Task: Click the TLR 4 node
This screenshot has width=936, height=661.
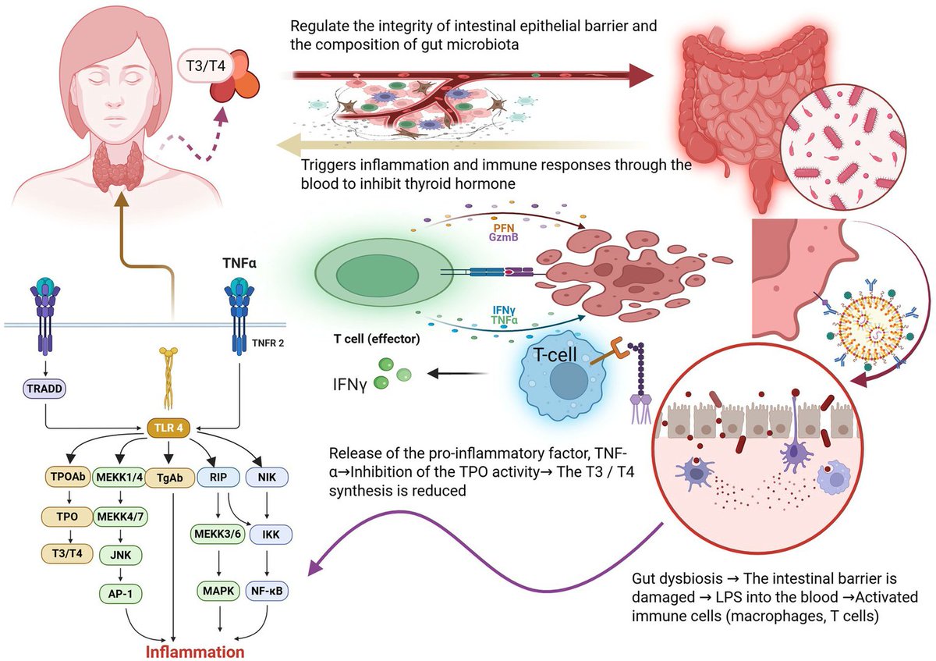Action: (x=168, y=428)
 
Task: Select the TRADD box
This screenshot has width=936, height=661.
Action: (x=44, y=389)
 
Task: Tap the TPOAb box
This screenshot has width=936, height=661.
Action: (x=68, y=477)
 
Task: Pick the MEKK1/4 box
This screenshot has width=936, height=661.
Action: (x=120, y=477)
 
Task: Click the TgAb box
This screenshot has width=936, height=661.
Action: (x=170, y=478)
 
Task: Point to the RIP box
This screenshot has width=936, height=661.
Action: (x=218, y=477)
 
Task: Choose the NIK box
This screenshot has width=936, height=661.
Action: (x=267, y=477)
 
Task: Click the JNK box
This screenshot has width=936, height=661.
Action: (x=121, y=555)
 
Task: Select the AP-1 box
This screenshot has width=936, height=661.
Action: (x=120, y=593)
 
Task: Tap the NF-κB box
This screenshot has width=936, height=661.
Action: (x=267, y=591)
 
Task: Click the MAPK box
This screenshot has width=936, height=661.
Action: (x=218, y=591)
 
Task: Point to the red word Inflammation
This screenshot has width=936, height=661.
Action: (x=195, y=652)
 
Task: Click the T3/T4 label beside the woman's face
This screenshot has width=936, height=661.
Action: (x=206, y=66)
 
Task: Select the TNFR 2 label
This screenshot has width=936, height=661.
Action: (x=268, y=343)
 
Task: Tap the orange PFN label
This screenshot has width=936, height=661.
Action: (x=504, y=229)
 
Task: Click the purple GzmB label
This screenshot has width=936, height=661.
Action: (x=504, y=237)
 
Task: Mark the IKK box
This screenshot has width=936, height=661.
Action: (x=271, y=535)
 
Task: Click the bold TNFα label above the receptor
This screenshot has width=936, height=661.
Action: (x=239, y=263)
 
